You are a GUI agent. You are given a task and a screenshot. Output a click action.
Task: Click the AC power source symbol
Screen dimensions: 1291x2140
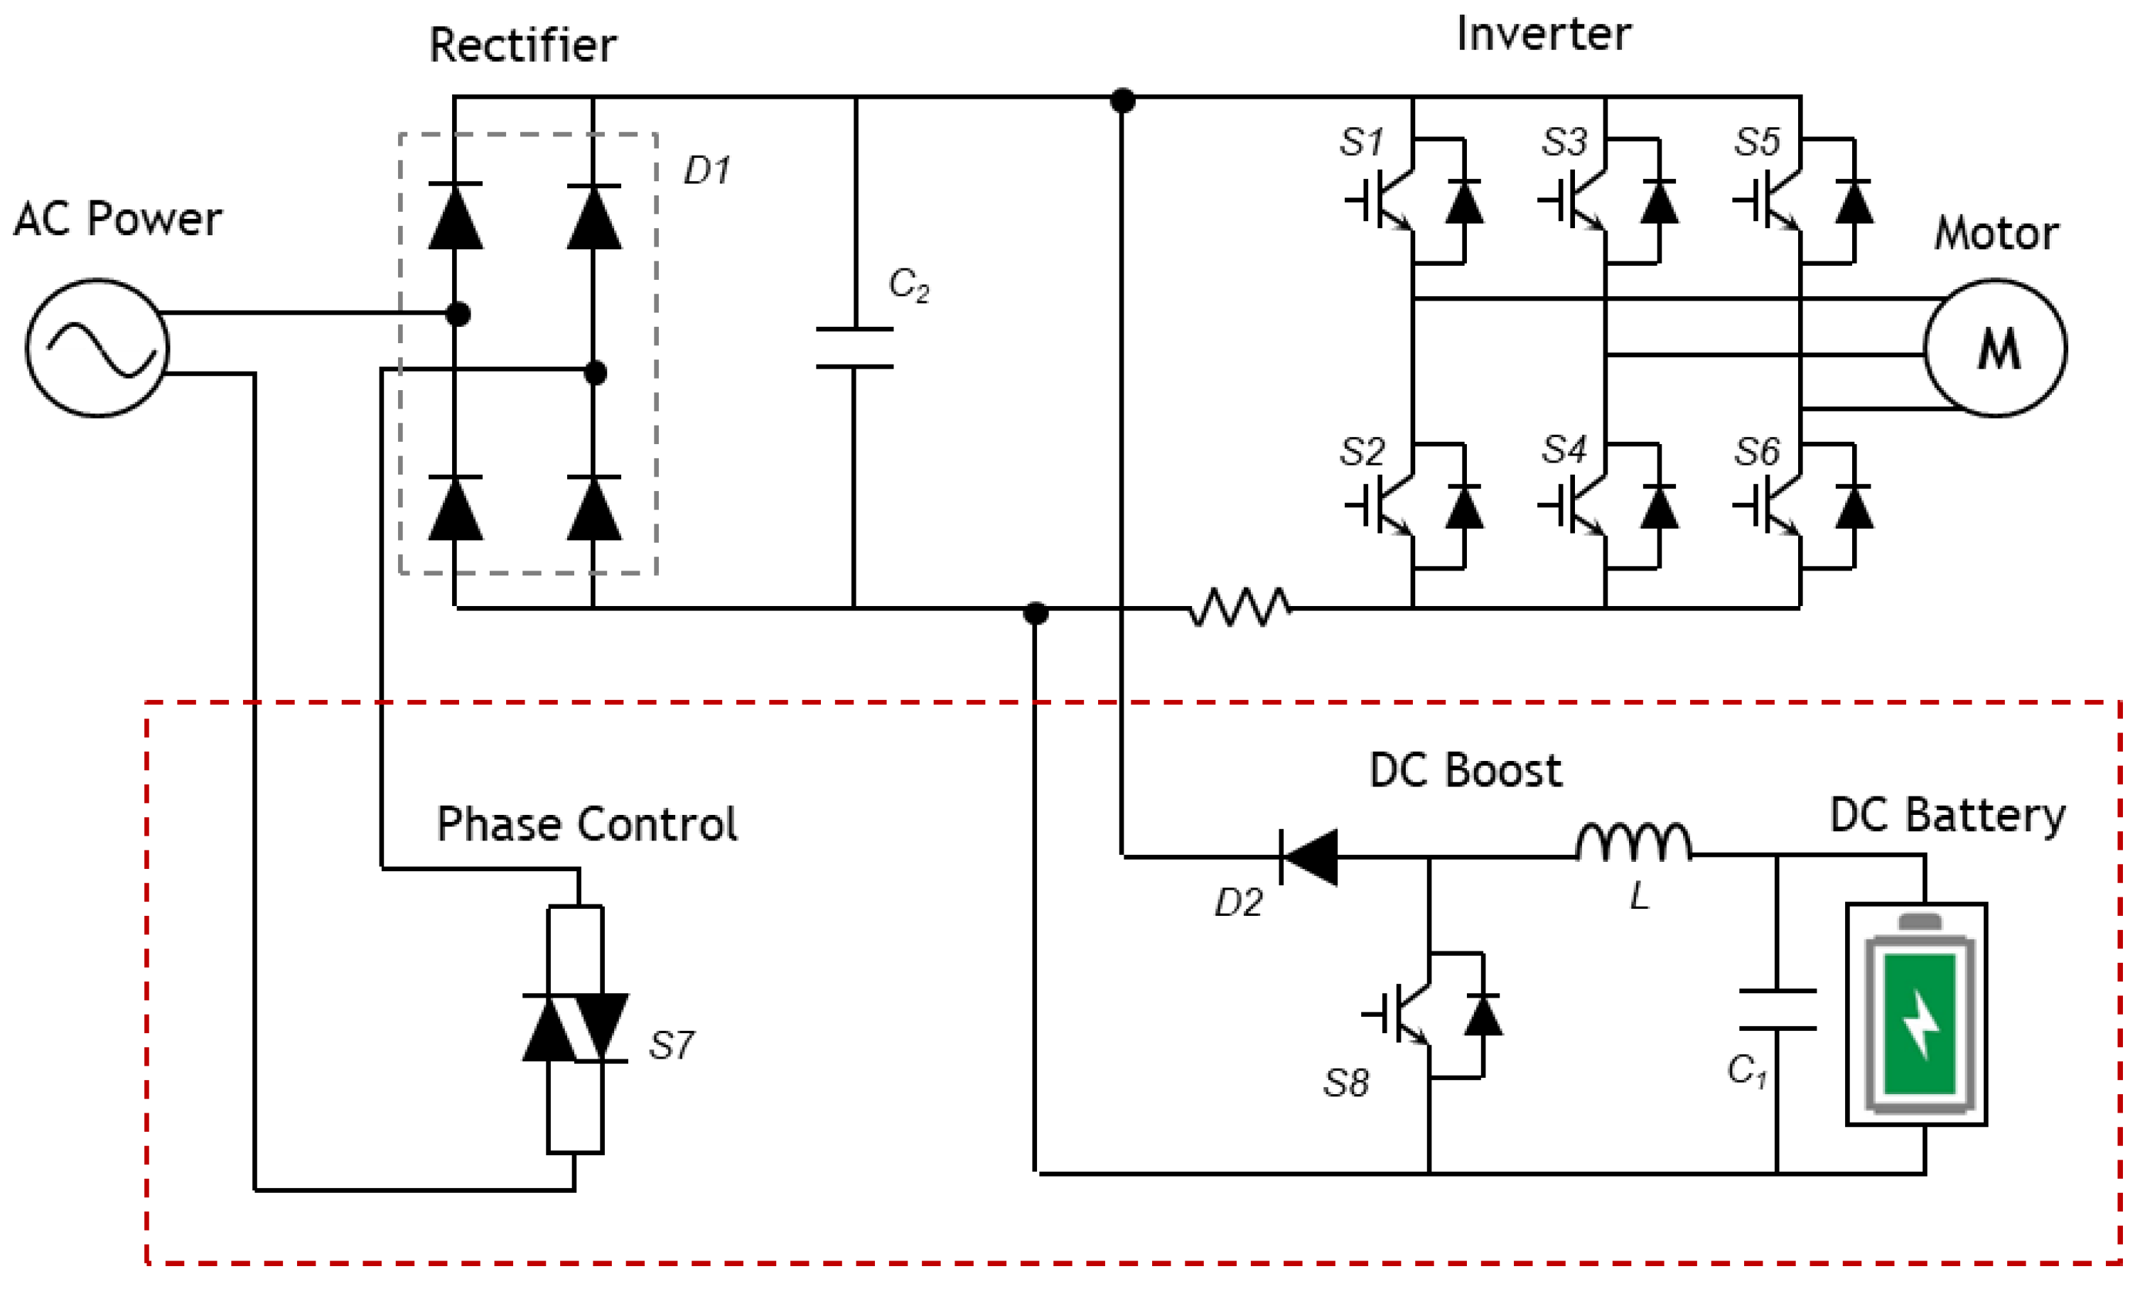97,348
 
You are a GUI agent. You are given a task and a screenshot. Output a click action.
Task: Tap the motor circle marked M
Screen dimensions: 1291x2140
1995,348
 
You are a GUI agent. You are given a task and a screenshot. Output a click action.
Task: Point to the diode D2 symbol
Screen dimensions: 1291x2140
1310,857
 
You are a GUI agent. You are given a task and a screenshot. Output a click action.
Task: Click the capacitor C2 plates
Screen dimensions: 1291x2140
854,348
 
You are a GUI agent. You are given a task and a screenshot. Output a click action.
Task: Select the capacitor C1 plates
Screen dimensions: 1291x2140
1777,1009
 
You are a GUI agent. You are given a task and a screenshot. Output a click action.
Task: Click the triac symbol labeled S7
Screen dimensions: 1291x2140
575,1028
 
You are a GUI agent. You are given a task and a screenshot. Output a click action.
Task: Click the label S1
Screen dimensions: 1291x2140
1361,142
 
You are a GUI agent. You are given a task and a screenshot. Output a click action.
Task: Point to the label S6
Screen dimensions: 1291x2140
1757,451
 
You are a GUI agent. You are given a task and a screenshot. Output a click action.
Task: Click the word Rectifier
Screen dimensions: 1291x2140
523,45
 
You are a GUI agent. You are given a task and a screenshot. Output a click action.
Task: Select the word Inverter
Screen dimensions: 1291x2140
1543,35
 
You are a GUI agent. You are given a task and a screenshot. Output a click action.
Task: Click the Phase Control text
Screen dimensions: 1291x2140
587,824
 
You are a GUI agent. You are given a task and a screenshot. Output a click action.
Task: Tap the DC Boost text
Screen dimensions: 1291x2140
1466,770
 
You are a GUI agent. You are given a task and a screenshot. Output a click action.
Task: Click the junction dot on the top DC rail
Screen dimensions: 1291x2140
1122,101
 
